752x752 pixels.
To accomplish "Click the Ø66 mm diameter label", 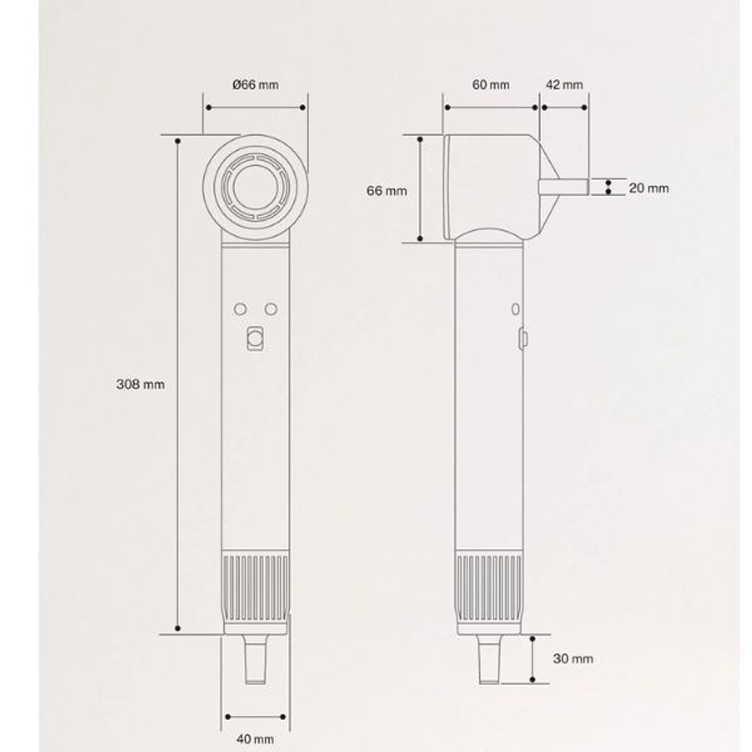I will [x=255, y=84].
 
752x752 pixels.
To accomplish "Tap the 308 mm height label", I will [x=140, y=384].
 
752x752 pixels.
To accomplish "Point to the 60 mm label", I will [x=491, y=85].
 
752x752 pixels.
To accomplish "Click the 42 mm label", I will [x=564, y=85].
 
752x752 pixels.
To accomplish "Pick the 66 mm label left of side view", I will [x=387, y=190].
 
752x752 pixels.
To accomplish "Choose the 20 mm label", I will [x=648, y=187].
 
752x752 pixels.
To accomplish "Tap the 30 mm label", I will [x=573, y=658].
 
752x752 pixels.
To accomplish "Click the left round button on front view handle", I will [x=240, y=309].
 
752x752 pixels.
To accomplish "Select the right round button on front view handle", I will [x=271, y=309].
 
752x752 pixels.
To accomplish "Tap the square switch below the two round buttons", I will [x=255, y=339].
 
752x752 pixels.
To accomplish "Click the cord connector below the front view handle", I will [x=255, y=659].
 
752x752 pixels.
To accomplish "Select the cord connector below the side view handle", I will [x=488, y=659].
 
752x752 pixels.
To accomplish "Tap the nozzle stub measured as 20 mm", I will [x=564, y=187].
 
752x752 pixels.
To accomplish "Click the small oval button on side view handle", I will [x=516, y=308].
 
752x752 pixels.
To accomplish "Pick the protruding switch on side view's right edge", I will [x=523, y=339].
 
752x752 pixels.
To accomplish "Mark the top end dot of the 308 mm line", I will [x=178, y=141].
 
